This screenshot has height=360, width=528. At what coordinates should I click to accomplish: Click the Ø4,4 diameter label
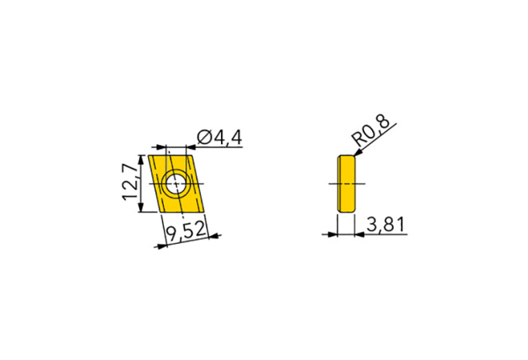tap(219, 138)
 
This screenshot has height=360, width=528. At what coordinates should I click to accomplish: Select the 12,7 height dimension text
tap(131, 183)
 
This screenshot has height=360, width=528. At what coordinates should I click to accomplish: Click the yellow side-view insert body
tap(346, 184)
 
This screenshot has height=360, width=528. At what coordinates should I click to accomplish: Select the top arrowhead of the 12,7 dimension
tap(142, 158)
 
